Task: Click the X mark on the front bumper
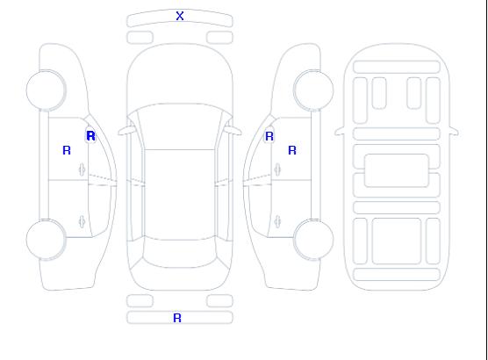pyautogui.click(x=180, y=16)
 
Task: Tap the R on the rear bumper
pyautogui.click(x=177, y=318)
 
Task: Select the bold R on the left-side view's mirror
pyautogui.click(x=90, y=136)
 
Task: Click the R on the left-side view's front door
pyautogui.click(x=67, y=150)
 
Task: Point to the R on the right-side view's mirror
pyautogui.click(x=269, y=136)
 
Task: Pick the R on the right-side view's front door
pyautogui.click(x=292, y=150)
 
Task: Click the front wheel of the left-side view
pyautogui.click(x=46, y=90)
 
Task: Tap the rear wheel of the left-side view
pyautogui.click(x=46, y=240)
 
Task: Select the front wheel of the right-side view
pyautogui.click(x=313, y=90)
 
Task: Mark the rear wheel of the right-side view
pyautogui.click(x=313, y=240)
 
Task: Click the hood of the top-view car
pyautogui.click(x=180, y=75)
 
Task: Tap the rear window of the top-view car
pyautogui.click(x=180, y=253)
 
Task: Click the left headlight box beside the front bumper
pyautogui.click(x=140, y=38)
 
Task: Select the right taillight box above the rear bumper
pyautogui.click(x=219, y=300)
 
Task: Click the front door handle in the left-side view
pyautogui.click(x=82, y=169)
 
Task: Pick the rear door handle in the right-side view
pyautogui.click(x=277, y=222)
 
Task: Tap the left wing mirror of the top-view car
pyautogui.click(x=126, y=131)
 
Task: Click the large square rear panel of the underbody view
pyautogui.click(x=397, y=241)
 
